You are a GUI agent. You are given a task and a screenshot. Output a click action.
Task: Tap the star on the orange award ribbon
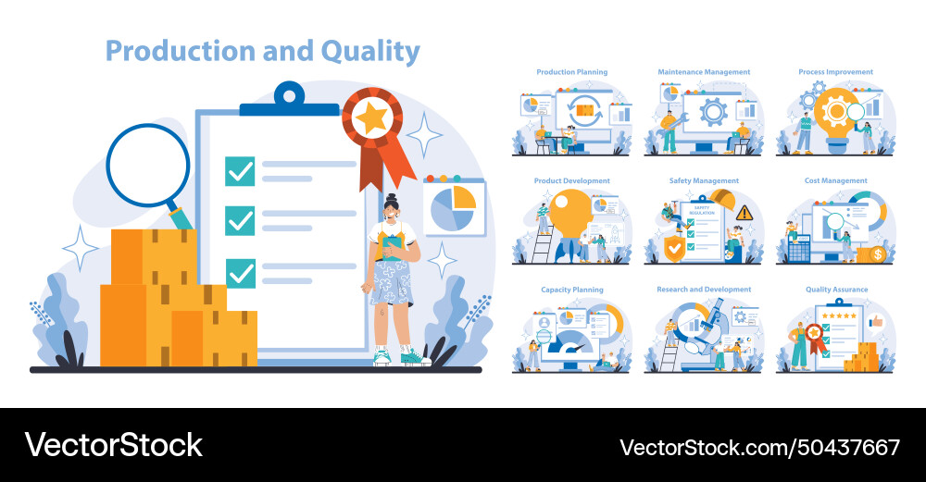click(x=371, y=118)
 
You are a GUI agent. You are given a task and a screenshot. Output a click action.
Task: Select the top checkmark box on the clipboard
click(x=240, y=171)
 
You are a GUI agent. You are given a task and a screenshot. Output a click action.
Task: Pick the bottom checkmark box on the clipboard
click(x=240, y=273)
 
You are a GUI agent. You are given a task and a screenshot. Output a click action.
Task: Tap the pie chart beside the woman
click(x=454, y=209)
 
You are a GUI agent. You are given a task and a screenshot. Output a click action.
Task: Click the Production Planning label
click(x=572, y=72)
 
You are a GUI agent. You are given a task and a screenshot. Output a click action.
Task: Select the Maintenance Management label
click(x=704, y=72)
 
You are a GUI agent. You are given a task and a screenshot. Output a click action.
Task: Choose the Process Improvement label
click(x=835, y=72)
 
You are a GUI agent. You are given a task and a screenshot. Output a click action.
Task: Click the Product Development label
click(x=572, y=181)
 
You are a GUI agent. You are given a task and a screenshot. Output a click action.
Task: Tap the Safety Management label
click(x=704, y=181)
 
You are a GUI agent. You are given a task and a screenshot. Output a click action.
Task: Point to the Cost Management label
click(x=835, y=181)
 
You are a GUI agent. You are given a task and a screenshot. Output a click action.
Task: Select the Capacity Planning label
click(x=572, y=290)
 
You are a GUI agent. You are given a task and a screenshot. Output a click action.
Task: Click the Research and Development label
click(x=704, y=290)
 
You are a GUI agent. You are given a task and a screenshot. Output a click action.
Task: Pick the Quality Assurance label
click(x=836, y=290)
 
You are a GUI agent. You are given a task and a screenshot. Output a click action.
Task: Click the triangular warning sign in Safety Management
click(x=744, y=213)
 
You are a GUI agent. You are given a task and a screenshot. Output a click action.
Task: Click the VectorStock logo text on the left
click(x=113, y=445)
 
